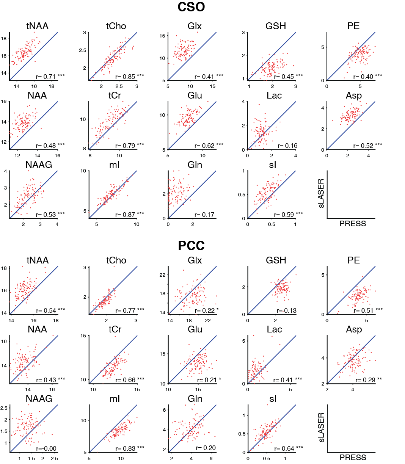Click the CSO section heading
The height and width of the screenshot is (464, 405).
[x=191, y=7]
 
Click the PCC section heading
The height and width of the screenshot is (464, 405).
[x=191, y=246]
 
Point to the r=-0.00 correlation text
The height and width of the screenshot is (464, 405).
[x=46, y=449]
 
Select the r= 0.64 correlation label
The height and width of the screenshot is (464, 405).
[x=288, y=449]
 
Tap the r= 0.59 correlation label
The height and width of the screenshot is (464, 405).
[x=288, y=215]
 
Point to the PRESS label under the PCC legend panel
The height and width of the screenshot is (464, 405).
[x=353, y=458]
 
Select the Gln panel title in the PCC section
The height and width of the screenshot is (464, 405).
[x=195, y=399]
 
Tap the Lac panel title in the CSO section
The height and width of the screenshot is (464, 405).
[x=274, y=96]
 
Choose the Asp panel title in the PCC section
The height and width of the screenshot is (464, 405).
[x=354, y=330]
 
